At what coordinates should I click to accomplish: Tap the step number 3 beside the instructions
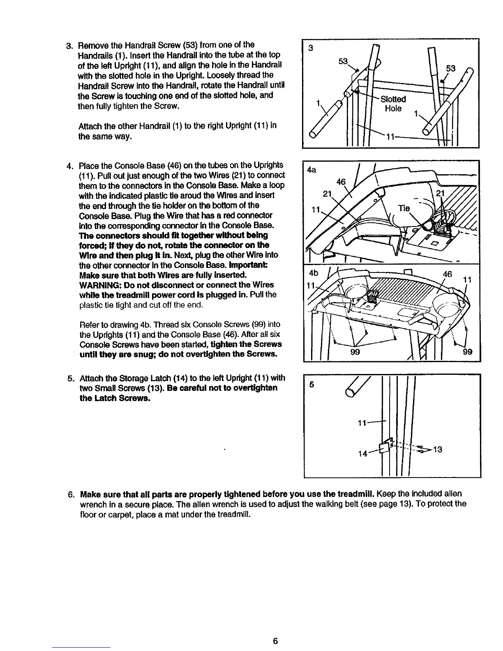pyautogui.click(x=69, y=45)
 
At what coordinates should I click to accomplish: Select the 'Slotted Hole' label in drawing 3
pyautogui.click(x=393, y=104)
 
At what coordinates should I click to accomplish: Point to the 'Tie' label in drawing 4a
pyautogui.click(x=404, y=208)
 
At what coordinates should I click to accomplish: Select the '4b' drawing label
pyautogui.click(x=313, y=274)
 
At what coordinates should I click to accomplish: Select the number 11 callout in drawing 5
pyautogui.click(x=362, y=423)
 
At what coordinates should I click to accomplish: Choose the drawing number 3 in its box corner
pyautogui.click(x=311, y=48)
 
